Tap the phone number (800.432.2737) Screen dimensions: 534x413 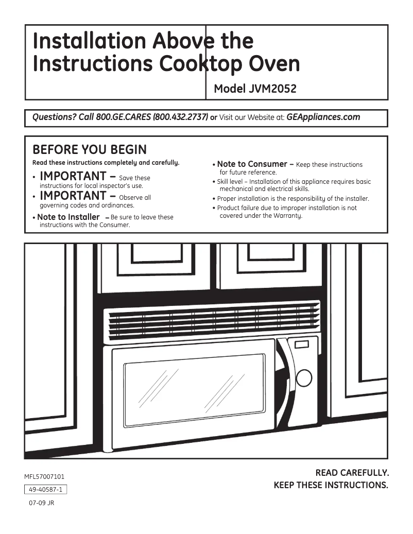tap(180, 117)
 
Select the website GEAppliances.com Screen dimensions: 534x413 tap(323, 117)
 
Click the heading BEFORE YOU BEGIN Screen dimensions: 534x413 tap(90, 150)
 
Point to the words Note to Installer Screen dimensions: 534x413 tap(68, 217)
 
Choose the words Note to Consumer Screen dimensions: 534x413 tap(252, 164)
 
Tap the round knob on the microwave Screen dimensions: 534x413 tap(303, 378)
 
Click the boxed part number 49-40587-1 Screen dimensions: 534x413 tap(46, 490)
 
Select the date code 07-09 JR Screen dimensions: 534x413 tap(41, 503)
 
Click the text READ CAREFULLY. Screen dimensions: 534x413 tap(352, 473)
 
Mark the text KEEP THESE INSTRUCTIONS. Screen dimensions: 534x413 tap(331, 485)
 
